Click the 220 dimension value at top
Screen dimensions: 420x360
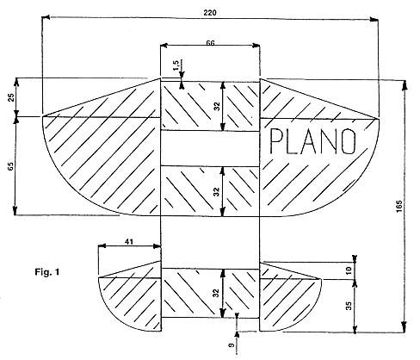click(210, 13)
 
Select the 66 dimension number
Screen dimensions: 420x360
click(210, 43)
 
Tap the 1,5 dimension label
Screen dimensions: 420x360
click(176, 65)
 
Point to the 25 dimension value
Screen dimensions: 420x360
click(11, 97)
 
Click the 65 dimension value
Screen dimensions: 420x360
click(10, 166)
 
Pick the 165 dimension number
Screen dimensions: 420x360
click(398, 207)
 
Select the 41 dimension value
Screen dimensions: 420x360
click(129, 242)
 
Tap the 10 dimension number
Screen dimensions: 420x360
click(349, 270)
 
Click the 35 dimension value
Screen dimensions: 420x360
click(349, 306)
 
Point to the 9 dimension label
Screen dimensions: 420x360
click(232, 345)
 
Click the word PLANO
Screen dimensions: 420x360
click(312, 141)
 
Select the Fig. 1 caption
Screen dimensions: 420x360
click(47, 271)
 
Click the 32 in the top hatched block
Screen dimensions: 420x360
click(217, 106)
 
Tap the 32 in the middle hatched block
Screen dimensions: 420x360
click(217, 192)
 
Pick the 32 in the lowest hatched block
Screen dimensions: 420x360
click(217, 293)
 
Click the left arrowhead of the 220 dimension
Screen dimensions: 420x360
click(46, 17)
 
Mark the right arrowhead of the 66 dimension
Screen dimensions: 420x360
click(256, 46)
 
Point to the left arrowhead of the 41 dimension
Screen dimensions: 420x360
click(102, 246)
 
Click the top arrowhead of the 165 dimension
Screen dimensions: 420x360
click(405, 85)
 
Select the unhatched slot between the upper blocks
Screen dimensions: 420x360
click(210, 148)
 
